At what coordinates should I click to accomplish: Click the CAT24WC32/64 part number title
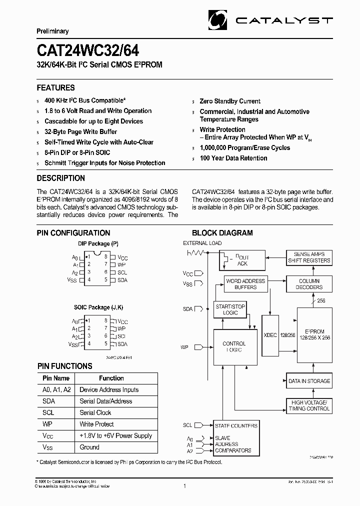click(88, 50)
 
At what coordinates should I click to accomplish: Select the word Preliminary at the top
click(52, 31)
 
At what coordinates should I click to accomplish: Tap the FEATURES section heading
click(56, 87)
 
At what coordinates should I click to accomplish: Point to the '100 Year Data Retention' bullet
click(233, 158)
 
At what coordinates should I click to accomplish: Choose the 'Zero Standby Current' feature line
click(230, 101)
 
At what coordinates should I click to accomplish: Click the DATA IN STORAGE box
click(309, 381)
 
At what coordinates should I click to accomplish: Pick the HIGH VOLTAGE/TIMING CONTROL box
click(309, 405)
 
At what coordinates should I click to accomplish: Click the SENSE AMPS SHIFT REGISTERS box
click(309, 257)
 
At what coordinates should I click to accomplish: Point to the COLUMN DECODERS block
click(309, 284)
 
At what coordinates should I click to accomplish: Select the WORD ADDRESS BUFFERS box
click(245, 284)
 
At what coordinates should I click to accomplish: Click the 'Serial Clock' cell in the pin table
click(95, 412)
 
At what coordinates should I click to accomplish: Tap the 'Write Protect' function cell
click(97, 424)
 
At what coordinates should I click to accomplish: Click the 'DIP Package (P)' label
click(98, 243)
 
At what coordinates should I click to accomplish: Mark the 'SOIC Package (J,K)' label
click(98, 307)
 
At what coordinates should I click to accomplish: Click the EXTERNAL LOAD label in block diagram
click(202, 243)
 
